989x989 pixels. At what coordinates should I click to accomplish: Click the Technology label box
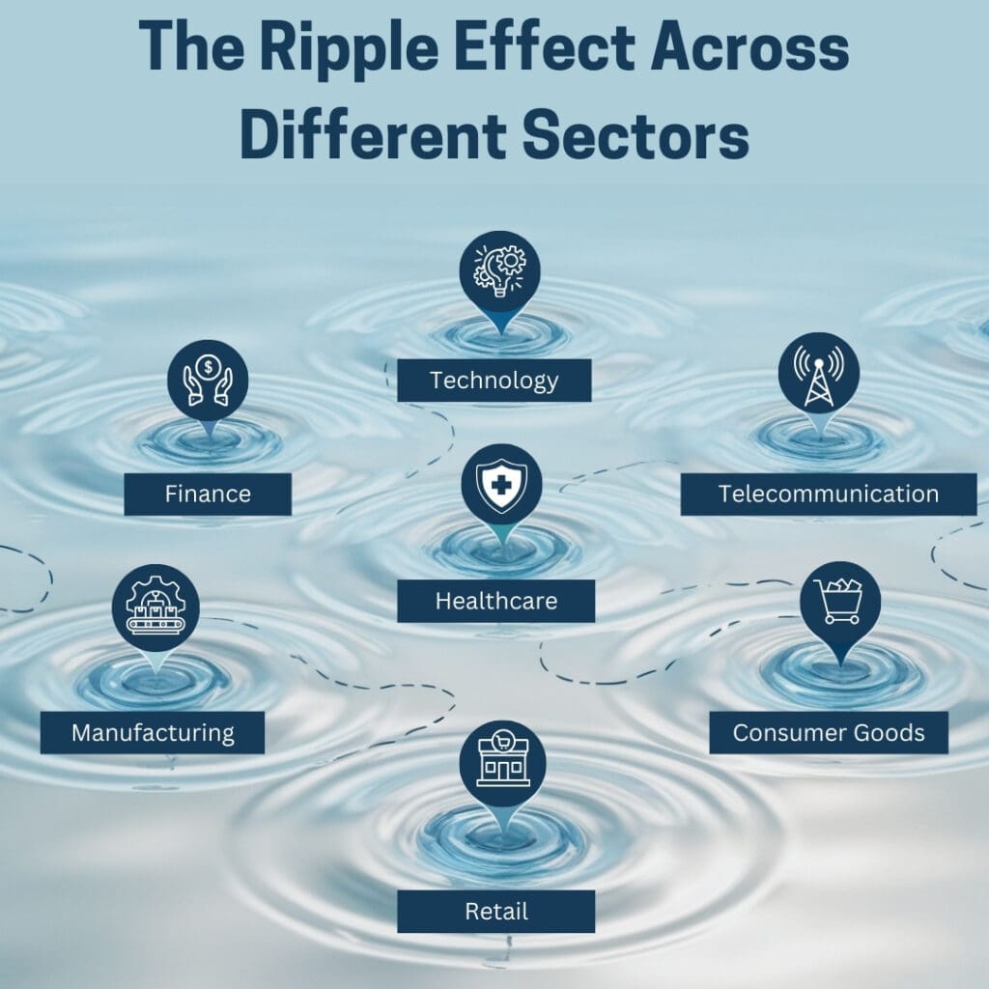pyautogui.click(x=494, y=381)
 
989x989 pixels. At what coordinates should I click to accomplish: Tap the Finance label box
pyautogui.click(x=208, y=494)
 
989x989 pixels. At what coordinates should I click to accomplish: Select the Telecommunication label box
pyautogui.click(x=828, y=494)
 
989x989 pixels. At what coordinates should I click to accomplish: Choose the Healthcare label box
pyautogui.click(x=495, y=601)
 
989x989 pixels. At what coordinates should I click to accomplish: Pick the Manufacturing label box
pyautogui.click(x=152, y=732)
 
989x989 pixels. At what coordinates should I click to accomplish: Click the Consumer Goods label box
pyautogui.click(x=829, y=732)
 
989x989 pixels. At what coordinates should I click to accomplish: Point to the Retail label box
pyautogui.click(x=495, y=912)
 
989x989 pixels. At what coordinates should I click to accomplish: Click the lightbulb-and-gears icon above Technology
pyautogui.click(x=499, y=271)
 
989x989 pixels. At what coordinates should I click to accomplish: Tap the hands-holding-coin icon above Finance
pyautogui.click(x=208, y=380)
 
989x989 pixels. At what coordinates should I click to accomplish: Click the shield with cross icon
pyautogui.click(x=501, y=485)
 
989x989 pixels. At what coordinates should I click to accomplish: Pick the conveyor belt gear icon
pyautogui.click(x=155, y=606)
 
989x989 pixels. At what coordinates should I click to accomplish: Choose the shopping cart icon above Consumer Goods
pyautogui.click(x=838, y=601)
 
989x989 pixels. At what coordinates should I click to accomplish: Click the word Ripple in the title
pyautogui.click(x=349, y=50)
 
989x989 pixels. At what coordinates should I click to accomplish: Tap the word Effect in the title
pyautogui.click(x=545, y=48)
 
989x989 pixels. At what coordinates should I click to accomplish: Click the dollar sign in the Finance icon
pyautogui.click(x=208, y=366)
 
